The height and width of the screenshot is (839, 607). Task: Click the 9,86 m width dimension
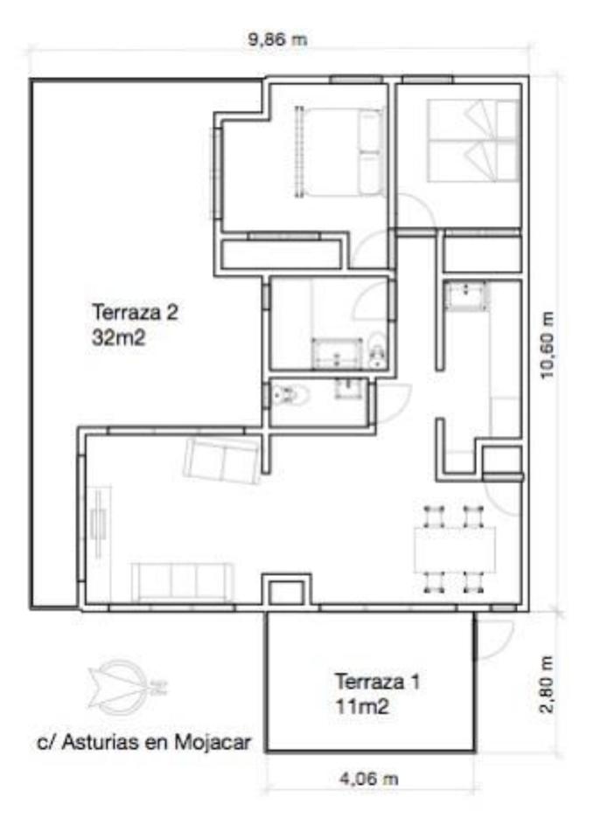click(x=277, y=39)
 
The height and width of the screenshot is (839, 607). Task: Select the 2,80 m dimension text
click(x=546, y=684)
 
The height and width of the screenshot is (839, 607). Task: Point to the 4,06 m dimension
click(x=369, y=778)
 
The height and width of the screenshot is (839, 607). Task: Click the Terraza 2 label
click(x=135, y=311)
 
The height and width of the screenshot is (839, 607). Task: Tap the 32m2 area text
click(x=118, y=337)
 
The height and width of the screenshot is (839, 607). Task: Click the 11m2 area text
click(x=362, y=707)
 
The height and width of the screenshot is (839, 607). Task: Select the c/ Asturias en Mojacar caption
click(x=144, y=742)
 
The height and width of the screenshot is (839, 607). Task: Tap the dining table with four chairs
click(x=455, y=549)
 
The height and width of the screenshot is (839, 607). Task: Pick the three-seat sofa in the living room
click(x=183, y=582)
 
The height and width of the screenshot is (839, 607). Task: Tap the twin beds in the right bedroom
click(x=474, y=141)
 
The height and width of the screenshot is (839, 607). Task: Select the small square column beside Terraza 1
click(x=286, y=592)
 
